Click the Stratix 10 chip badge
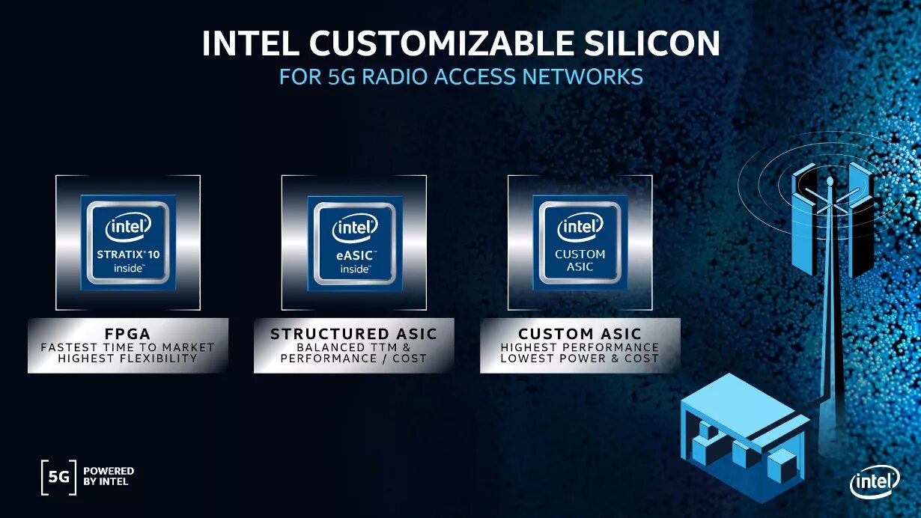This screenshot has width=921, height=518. coord(128,243)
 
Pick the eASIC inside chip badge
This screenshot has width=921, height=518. coord(354,243)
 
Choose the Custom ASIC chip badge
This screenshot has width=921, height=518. coord(580,243)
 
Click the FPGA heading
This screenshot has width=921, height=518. coord(128,333)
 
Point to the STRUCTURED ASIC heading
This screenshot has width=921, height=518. coord(353,334)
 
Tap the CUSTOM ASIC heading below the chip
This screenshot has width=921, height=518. coord(580,334)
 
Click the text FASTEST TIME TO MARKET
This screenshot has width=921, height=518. coord(128,347)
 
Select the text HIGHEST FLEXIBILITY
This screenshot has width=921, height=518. coord(128,359)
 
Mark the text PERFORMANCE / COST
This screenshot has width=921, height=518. coord(353,359)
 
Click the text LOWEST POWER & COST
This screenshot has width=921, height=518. coord(580,359)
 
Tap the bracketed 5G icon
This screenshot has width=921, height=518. coord(58,477)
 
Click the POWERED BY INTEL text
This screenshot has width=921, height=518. coord(109,476)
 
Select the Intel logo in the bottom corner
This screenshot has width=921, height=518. coord(874,483)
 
